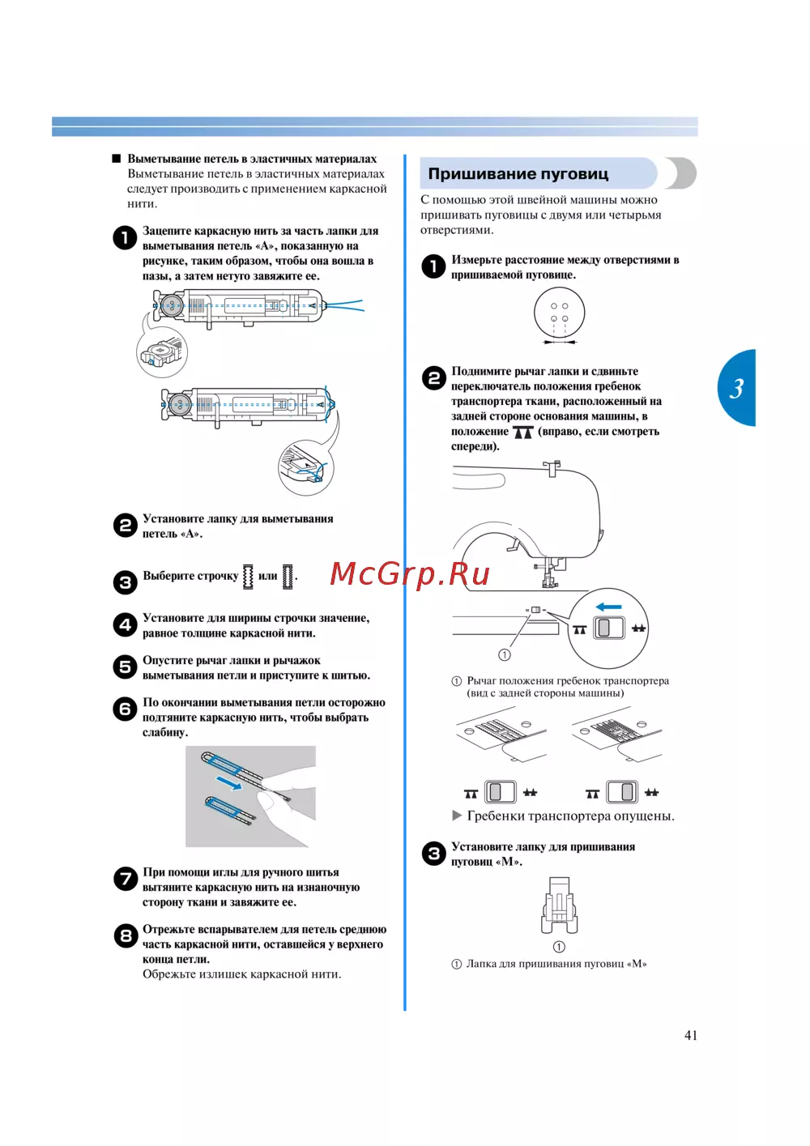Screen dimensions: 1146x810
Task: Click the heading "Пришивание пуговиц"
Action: pos(518,173)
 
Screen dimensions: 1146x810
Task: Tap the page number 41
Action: pos(690,1035)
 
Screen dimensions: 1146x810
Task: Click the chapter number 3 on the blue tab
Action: pos(736,389)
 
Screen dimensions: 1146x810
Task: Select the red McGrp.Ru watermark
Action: pos(410,573)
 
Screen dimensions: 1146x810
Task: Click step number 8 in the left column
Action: pos(126,936)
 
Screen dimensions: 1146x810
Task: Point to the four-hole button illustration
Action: pos(559,313)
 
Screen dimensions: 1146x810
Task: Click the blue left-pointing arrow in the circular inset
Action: pos(608,607)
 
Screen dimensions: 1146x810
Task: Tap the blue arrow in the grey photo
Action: pos(228,782)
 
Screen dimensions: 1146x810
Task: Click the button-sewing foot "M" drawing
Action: pos(559,905)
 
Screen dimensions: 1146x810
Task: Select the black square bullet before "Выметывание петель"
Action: pos(117,159)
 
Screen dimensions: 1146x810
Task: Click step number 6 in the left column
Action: pos(126,709)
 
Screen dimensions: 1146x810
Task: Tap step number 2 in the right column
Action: pos(433,377)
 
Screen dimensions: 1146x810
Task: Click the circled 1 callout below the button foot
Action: pos(559,947)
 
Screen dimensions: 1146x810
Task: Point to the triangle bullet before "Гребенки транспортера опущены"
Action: pos(457,816)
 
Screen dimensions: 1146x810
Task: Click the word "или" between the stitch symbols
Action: pos(267,576)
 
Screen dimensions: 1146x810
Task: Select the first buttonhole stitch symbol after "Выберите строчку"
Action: pos(248,576)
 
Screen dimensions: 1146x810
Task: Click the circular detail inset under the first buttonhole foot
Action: pos(162,352)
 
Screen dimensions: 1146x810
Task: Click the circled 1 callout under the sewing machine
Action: pos(505,654)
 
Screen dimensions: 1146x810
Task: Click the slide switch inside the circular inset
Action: pos(609,628)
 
